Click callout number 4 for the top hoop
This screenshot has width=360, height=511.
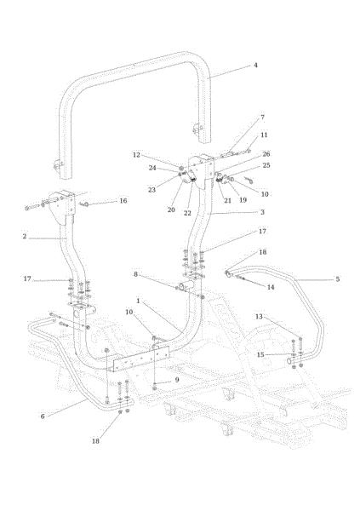pyautogui.click(x=255, y=66)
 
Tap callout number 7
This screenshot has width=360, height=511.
pyautogui.click(x=263, y=117)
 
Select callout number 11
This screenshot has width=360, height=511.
pyautogui.click(x=264, y=135)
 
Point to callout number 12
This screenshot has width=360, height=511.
pyautogui.click(x=136, y=155)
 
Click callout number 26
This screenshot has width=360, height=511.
pyautogui.click(x=266, y=154)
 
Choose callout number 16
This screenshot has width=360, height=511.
pyautogui.click(x=123, y=200)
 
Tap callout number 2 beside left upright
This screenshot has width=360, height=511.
pyautogui.click(x=25, y=236)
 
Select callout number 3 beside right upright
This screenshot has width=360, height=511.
pyautogui.click(x=262, y=212)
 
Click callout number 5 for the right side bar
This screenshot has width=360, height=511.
pyautogui.click(x=338, y=279)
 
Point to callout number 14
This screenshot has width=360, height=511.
pyautogui.click(x=271, y=287)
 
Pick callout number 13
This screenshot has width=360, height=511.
pyautogui.click(x=259, y=317)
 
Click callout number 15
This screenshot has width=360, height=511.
pyautogui.click(x=260, y=354)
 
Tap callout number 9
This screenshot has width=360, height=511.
pyautogui.click(x=177, y=380)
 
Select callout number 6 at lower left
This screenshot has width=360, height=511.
pyautogui.click(x=43, y=416)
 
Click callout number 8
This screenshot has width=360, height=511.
pyautogui.click(x=136, y=274)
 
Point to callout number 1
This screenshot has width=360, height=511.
pyautogui.click(x=138, y=301)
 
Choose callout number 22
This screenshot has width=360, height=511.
pyautogui.click(x=187, y=213)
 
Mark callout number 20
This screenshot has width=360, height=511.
pyautogui.click(x=171, y=210)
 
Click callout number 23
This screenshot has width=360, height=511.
pyautogui.click(x=151, y=190)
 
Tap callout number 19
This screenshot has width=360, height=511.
pyautogui.click(x=243, y=200)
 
